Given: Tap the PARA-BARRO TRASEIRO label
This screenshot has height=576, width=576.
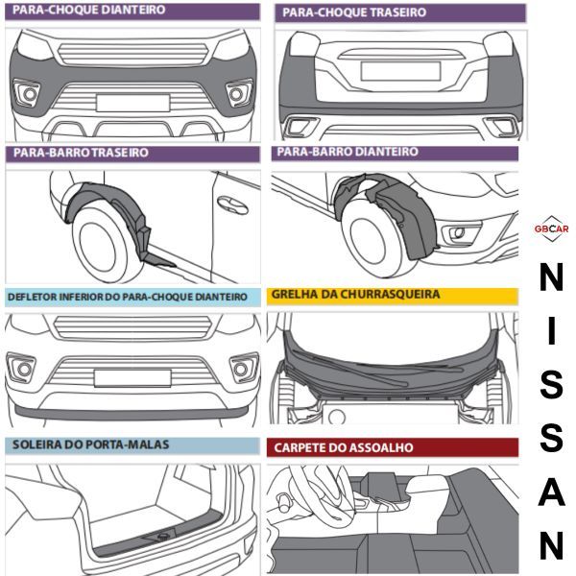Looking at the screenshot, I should click(x=81, y=153).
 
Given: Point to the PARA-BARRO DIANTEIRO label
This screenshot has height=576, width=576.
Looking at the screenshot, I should click(x=348, y=153).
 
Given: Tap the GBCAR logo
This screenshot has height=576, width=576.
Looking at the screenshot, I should click(x=551, y=228).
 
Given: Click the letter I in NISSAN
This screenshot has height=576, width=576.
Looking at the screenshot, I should click(x=551, y=330).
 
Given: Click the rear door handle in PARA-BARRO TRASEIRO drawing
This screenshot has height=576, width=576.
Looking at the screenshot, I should click(x=230, y=204).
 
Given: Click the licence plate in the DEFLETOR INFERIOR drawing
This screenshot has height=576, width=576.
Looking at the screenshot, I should click(x=132, y=377).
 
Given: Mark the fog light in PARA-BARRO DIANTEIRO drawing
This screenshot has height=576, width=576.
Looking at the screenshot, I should click(x=458, y=231).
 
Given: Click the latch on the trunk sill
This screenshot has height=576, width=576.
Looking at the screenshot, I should click(x=163, y=535).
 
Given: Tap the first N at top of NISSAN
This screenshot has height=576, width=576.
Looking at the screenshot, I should click(x=551, y=278).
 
